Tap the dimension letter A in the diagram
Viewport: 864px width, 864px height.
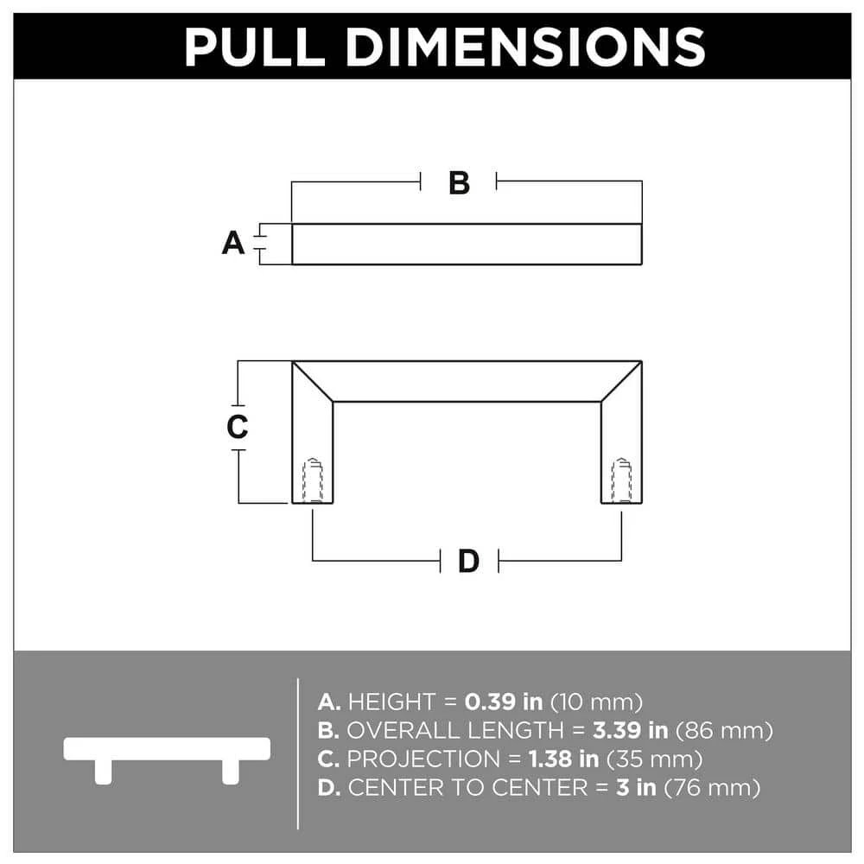tap(233, 244)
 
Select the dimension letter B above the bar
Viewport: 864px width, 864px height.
tap(459, 182)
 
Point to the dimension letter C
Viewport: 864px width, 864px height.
tap(237, 427)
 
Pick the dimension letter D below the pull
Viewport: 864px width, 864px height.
tap(468, 562)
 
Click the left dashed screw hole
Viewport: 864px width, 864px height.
tap(313, 480)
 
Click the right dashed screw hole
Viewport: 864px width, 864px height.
tap(621, 480)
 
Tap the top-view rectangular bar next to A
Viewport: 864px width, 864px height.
tap(467, 245)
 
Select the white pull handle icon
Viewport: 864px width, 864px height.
tap(167, 755)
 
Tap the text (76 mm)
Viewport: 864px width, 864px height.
tap(717, 788)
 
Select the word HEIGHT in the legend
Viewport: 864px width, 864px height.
tap(391, 701)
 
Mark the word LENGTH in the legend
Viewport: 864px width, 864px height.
tap(528, 730)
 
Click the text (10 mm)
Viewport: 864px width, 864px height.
tap(596, 701)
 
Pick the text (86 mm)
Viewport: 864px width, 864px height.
tap(723, 730)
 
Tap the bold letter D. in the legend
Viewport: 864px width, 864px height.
tap(329, 788)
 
